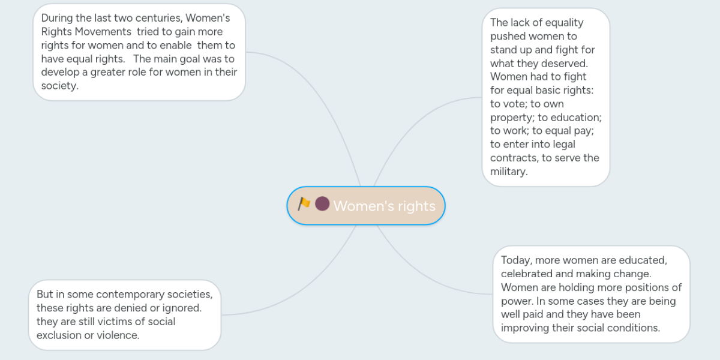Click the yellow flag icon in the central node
click(x=304, y=204)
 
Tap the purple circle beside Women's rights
click(x=322, y=204)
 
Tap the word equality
click(x=562, y=23)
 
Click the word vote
click(x=515, y=104)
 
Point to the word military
click(x=508, y=172)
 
